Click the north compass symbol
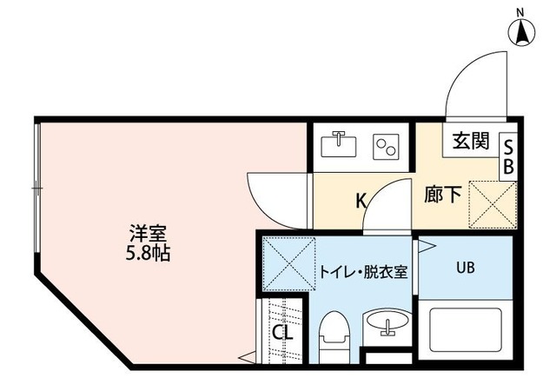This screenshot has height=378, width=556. pyautogui.click(x=523, y=30)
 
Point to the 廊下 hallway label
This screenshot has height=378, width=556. pyautogui.click(x=442, y=194)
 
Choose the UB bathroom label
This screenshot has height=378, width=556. pyautogui.click(x=466, y=267)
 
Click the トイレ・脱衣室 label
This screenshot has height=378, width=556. pyautogui.click(x=365, y=269)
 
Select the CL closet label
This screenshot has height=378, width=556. pyautogui.click(x=282, y=332)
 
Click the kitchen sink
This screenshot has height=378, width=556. pyautogui.click(x=340, y=143)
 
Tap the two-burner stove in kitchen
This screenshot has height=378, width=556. pyautogui.click(x=385, y=145)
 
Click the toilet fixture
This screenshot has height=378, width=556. pyautogui.click(x=333, y=335)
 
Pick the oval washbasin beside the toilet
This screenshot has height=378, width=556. pyautogui.click(x=385, y=326)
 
